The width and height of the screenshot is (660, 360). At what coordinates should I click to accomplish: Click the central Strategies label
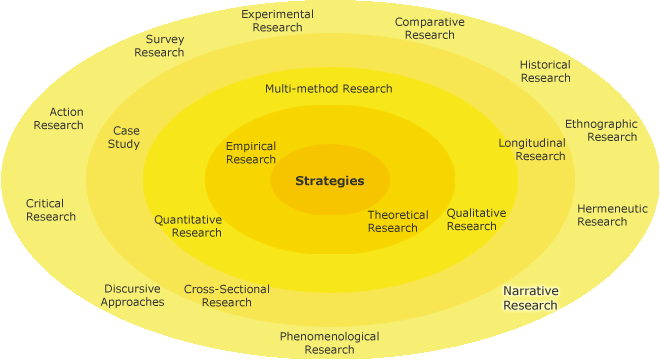tap(329, 181)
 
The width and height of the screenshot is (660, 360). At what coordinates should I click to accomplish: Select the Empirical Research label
tap(251, 153)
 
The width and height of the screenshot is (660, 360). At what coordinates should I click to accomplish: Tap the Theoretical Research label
tap(397, 221)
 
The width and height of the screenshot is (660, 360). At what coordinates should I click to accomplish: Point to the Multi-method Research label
tap(328, 88)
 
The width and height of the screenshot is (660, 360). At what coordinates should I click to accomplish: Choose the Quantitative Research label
tap(188, 226)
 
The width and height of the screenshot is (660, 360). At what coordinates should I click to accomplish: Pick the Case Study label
tap(126, 137)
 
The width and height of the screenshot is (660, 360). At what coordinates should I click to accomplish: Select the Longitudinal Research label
tap(532, 149)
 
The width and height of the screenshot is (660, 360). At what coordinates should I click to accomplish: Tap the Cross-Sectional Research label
tap(227, 296)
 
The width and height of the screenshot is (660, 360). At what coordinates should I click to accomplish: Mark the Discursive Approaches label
tap(132, 295)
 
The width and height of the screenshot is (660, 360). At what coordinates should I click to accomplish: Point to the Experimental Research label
tap(277, 21)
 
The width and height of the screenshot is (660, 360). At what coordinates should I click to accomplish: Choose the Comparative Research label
tap(429, 28)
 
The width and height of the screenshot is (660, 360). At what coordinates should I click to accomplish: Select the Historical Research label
tap(545, 71)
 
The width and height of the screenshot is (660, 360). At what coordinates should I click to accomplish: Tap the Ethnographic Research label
tap(601, 130)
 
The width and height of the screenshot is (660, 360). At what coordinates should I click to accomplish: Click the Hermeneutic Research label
tap(612, 215)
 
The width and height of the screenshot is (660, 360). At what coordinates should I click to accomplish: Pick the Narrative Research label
tap(530, 298)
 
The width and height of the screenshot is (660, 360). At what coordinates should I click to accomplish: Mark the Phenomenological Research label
tap(329, 343)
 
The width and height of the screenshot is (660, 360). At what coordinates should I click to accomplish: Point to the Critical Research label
tap(51, 210)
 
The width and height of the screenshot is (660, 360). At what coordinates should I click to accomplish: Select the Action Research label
tap(59, 119)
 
